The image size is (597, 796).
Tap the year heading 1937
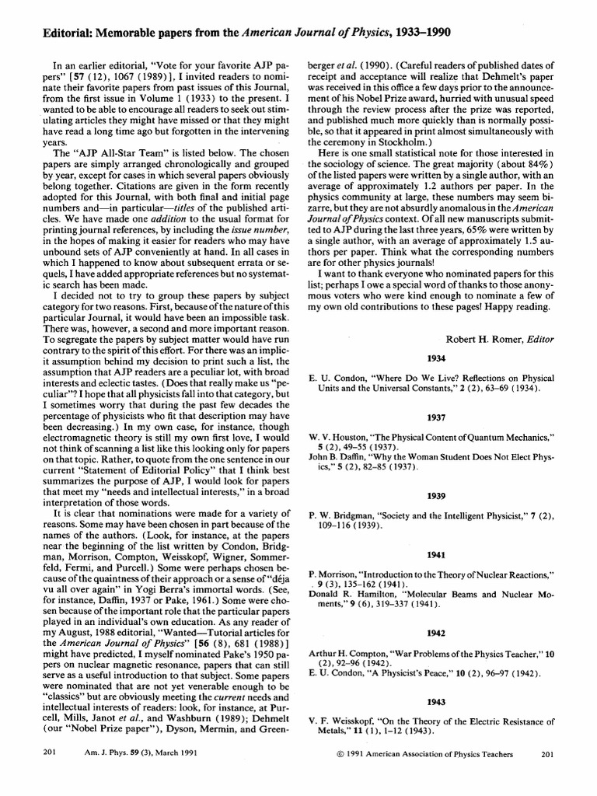pyautogui.click(x=435, y=417)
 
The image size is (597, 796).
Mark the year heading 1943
pyautogui.click(x=435, y=701)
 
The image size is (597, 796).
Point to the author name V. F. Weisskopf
pyautogui.click(x=342, y=721)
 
